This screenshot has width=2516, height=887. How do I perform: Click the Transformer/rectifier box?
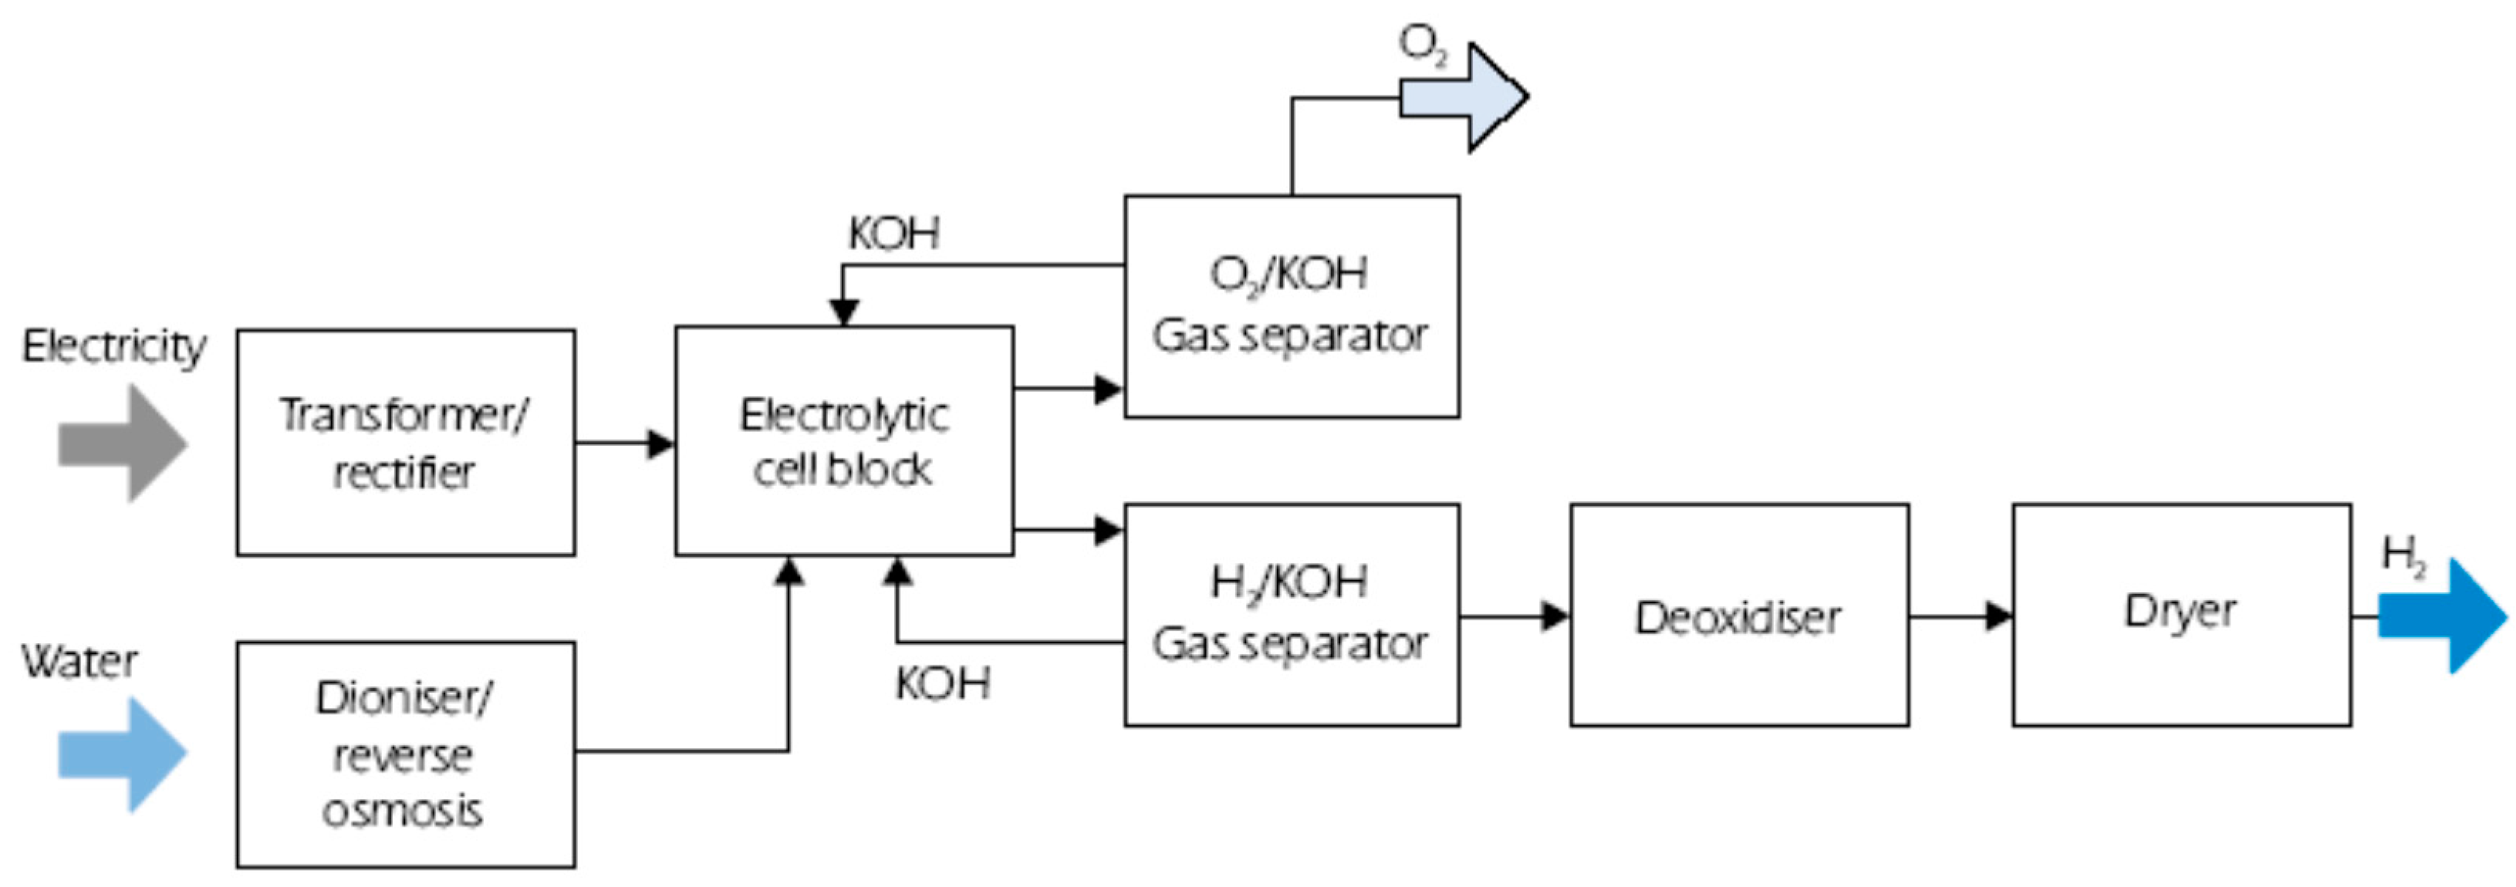[x=405, y=443]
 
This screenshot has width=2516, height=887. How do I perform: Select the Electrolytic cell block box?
[x=844, y=440]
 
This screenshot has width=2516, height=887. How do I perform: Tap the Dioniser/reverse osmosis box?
[x=405, y=754]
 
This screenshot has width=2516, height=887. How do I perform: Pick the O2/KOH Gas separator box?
[x=1292, y=305]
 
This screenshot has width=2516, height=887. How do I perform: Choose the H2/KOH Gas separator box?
[x=1292, y=615]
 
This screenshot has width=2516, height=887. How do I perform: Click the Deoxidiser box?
[x=1738, y=616]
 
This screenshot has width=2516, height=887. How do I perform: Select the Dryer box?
[x=2181, y=615]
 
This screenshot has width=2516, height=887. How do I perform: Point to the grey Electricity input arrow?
[x=122, y=443]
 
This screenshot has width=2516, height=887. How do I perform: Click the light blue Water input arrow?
[x=122, y=753]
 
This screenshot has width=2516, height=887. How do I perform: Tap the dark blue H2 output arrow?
[x=2442, y=616]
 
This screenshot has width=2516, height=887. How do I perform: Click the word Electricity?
[x=114, y=347]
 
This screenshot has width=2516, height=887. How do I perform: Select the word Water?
[x=79, y=661]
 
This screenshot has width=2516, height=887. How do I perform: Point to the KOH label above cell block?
[x=893, y=234]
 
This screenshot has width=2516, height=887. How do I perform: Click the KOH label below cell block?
[x=943, y=683]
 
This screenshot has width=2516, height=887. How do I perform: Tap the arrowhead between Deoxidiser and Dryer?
[x=1998, y=616]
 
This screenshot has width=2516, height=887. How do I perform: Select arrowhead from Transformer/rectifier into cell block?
[x=661, y=443]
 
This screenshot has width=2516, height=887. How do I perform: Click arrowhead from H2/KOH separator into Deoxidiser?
[x=1555, y=616]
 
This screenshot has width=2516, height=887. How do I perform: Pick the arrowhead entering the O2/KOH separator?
[x=1108, y=389]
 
